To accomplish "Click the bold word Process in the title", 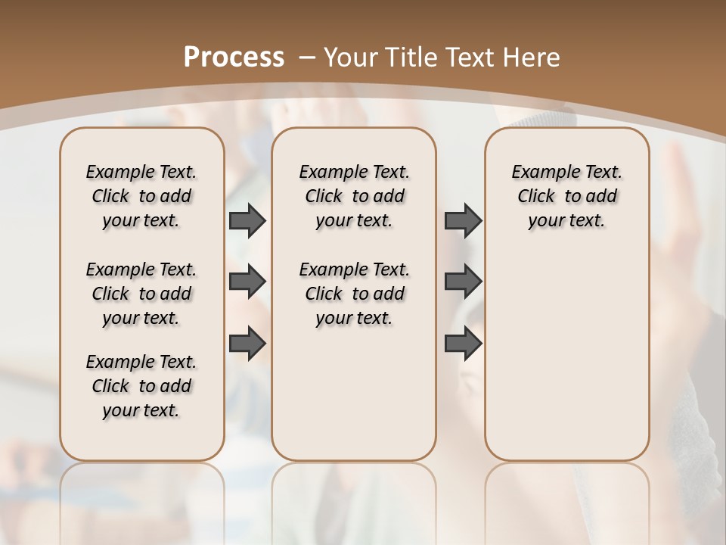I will tap(234, 58).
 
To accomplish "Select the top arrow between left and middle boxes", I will tap(247, 220).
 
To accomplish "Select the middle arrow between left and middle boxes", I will tap(247, 282).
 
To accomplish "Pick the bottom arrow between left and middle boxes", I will tap(247, 343).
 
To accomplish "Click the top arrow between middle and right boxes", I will tap(463, 220).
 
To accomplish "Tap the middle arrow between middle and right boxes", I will tap(463, 282).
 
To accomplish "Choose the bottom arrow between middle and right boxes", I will tap(463, 343).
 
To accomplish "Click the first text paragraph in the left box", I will tap(141, 196).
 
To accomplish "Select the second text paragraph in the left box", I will tap(141, 294).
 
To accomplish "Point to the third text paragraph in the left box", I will tap(141, 386).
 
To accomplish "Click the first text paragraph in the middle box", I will tap(354, 196).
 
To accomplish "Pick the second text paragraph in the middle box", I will tap(354, 294).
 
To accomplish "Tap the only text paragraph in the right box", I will tap(566, 196).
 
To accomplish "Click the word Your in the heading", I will tap(351, 58).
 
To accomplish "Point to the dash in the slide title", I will tap(308, 58).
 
